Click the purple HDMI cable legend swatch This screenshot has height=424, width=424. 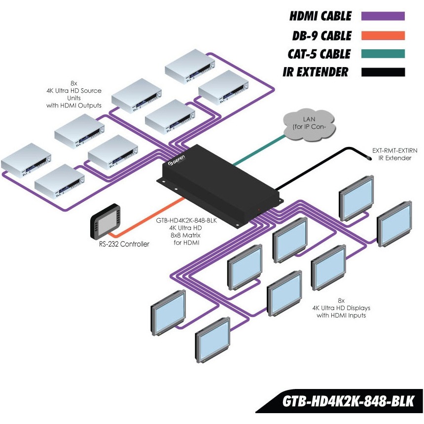[x=383, y=16]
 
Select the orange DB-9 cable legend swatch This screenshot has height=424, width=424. [x=383, y=35]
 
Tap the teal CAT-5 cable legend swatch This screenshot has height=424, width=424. [x=383, y=54]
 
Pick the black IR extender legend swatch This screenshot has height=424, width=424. [x=383, y=72]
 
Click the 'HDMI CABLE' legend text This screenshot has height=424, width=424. [x=320, y=16]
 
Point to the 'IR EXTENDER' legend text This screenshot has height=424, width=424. [x=316, y=72]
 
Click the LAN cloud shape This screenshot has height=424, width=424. [x=309, y=125]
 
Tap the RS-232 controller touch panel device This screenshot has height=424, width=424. [x=105, y=221]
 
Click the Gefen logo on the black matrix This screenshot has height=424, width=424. [x=177, y=161]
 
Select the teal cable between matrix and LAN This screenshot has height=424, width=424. [x=259, y=150]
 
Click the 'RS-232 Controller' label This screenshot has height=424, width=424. [x=124, y=244]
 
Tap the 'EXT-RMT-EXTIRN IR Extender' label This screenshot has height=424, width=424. [x=395, y=154]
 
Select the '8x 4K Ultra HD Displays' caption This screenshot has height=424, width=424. [x=341, y=308]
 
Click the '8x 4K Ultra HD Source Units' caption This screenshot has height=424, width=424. [x=74, y=94]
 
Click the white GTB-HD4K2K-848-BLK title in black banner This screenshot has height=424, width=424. [x=348, y=401]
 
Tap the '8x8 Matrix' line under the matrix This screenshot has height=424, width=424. [x=185, y=235]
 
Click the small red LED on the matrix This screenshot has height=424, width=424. [x=259, y=210]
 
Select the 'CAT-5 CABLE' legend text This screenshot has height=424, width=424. [x=319, y=54]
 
